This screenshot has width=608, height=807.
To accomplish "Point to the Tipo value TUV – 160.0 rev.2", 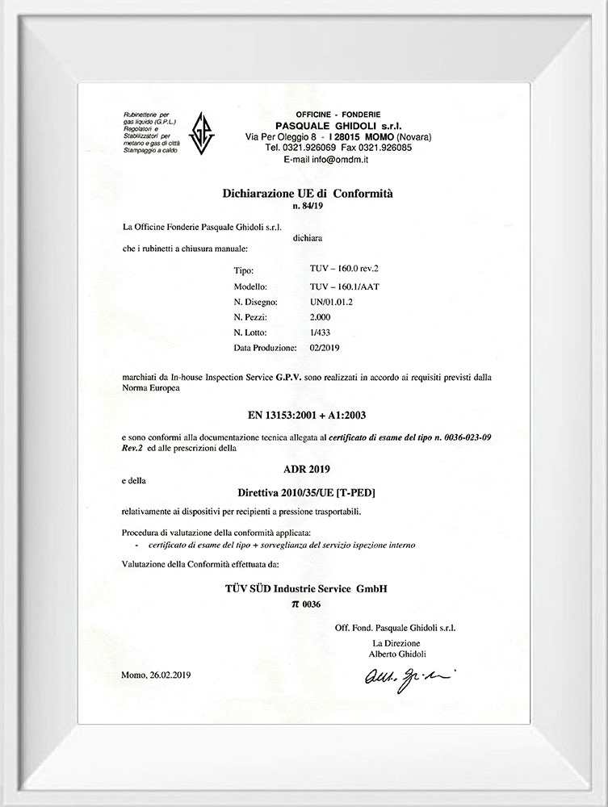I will point(339,272).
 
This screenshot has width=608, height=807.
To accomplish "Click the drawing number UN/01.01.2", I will point(331,302).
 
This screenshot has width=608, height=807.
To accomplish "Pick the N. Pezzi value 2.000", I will point(321,317).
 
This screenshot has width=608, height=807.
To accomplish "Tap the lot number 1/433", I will point(320,332).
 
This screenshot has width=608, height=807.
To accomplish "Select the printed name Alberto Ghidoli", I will point(397,653).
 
